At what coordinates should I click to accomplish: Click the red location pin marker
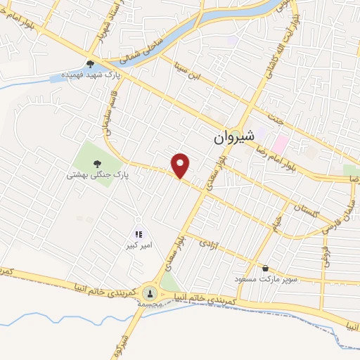pyautogui.click(x=181, y=165)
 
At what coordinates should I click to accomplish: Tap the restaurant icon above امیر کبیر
pyautogui.click(x=139, y=234)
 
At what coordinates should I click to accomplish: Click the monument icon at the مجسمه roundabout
pyautogui.click(x=149, y=292)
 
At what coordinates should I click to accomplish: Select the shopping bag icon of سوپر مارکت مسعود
pyautogui.click(x=265, y=268)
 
